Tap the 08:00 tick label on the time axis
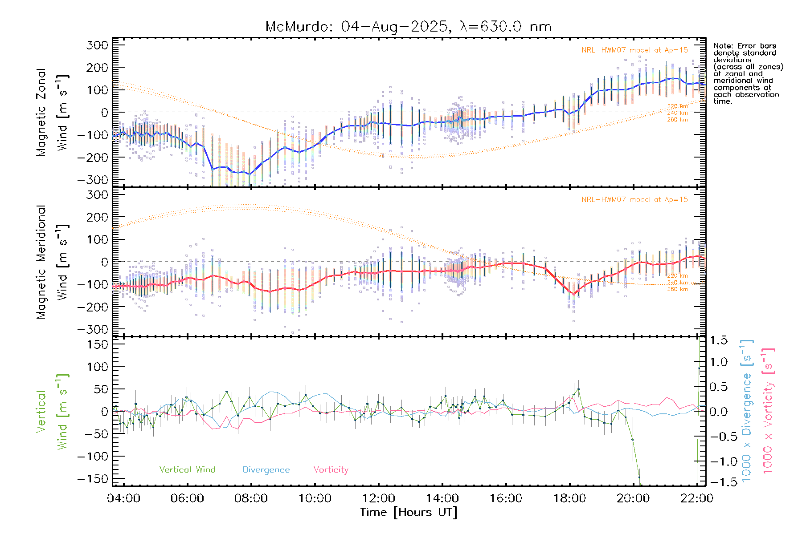point(251,498)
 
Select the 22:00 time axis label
point(697,498)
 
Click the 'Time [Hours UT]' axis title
point(409,512)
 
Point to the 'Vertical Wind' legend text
point(187,470)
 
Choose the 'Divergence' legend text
point(266,470)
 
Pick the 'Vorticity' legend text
point(331,470)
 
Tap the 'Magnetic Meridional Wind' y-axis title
point(53,262)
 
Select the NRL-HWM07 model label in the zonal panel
point(634,50)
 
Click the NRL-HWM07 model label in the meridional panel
point(634,200)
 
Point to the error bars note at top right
point(748,73)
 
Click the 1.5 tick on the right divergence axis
point(718,340)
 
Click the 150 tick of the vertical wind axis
point(98,344)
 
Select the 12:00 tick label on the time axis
point(378,498)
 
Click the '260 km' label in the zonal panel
point(677,120)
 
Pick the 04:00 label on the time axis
point(123,498)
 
